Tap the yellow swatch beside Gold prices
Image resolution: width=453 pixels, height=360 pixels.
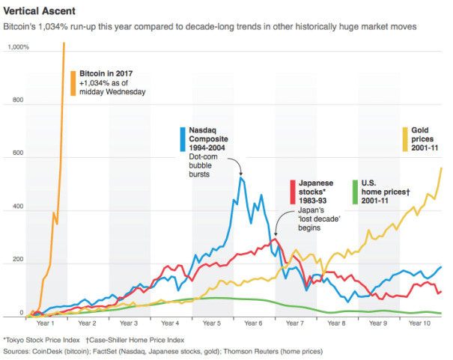(405, 139)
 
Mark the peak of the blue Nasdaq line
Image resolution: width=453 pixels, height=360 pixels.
(241, 177)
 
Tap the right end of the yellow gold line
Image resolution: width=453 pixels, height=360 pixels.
(441, 168)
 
